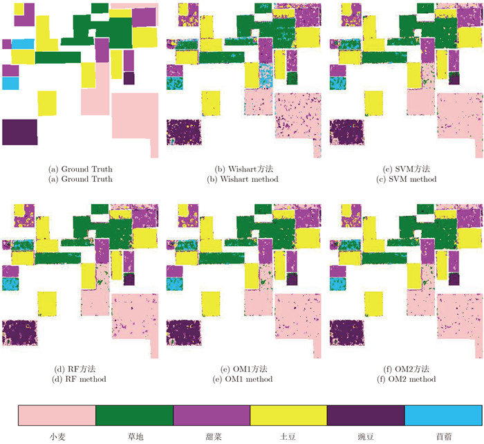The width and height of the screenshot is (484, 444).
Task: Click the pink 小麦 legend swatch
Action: click(56, 416)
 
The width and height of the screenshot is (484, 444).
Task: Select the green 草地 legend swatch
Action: click(133, 416)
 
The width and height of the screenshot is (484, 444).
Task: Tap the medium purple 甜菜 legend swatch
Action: click(211, 416)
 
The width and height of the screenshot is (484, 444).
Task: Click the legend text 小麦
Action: click(56, 437)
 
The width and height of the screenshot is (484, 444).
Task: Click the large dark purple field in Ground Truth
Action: click(19, 131)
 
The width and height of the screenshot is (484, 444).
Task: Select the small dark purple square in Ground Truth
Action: click(129, 77)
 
